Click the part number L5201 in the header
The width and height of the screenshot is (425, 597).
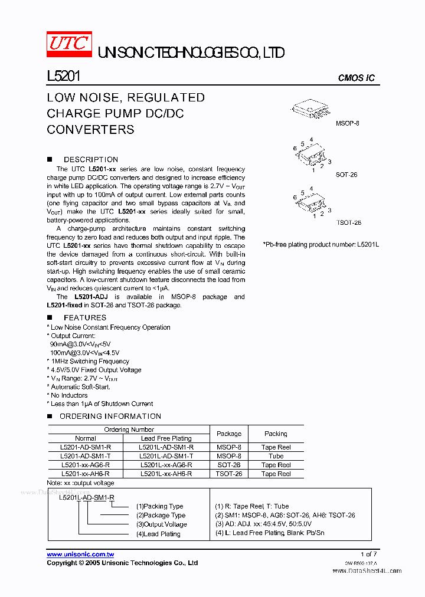pos(63,77)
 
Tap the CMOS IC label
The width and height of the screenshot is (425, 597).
pos(356,78)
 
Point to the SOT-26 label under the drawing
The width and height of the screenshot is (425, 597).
pos(346,175)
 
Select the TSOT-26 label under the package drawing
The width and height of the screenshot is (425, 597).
pos(348,222)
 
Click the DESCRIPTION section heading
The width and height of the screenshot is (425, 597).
pos(90,159)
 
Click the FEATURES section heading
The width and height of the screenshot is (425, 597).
pos(84,317)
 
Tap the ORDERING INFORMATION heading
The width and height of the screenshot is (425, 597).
pos(103,416)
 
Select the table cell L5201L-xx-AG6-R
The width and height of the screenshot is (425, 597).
pos(166,465)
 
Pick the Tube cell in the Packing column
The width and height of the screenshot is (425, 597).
pos(276,456)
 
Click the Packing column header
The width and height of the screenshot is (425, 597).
pos(276,434)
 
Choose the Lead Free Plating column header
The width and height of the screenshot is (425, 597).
pos(166,438)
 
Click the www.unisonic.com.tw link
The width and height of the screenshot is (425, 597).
pos(80,555)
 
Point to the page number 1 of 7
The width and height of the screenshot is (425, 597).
pos(368,554)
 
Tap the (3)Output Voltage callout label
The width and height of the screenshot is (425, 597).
pos(161,524)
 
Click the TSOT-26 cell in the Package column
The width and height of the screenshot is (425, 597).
pos(229,474)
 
